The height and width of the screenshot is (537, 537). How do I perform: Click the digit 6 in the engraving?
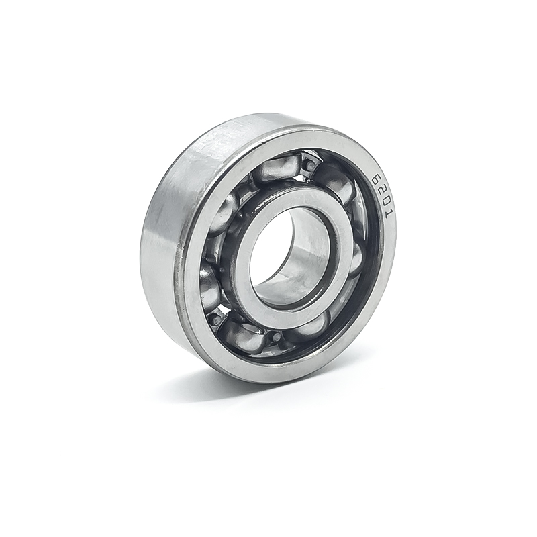377,179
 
